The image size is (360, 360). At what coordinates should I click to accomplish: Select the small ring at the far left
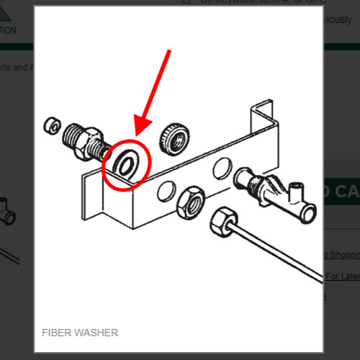[52, 125]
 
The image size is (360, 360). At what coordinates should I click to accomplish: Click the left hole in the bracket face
[165, 191]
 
